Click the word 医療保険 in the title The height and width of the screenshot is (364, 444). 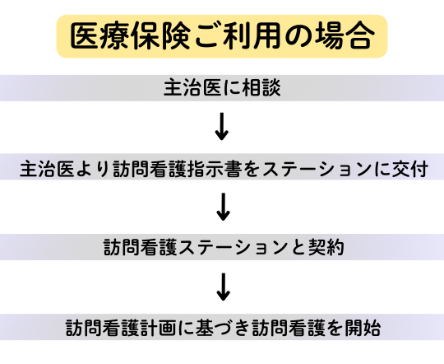tap(130, 36)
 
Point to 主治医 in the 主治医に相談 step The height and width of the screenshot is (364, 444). tap(192, 87)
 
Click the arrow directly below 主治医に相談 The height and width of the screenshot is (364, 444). tap(222, 127)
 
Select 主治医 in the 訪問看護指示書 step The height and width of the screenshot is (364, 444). tap(48, 169)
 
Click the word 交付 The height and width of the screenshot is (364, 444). tap(409, 169)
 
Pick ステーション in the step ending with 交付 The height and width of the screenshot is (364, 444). tap(317, 169)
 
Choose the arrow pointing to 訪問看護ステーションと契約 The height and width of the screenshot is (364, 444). tap(223, 207)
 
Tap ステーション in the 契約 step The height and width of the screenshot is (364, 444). tap(233, 247)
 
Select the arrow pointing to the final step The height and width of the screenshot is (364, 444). tap(223, 287)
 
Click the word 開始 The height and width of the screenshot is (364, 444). tap(362, 328)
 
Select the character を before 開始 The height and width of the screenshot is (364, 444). tap(335, 328)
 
